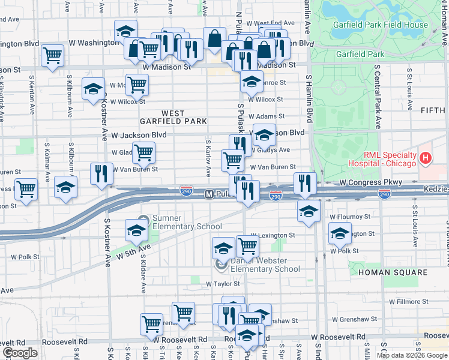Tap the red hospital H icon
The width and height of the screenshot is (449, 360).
coord(426,158)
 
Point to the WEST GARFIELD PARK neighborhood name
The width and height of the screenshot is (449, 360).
coord(173,117)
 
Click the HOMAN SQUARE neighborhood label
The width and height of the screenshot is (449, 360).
coord(393,272)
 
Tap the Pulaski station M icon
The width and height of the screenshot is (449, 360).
coord(209,194)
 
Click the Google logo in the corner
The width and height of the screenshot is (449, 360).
coord(19,353)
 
